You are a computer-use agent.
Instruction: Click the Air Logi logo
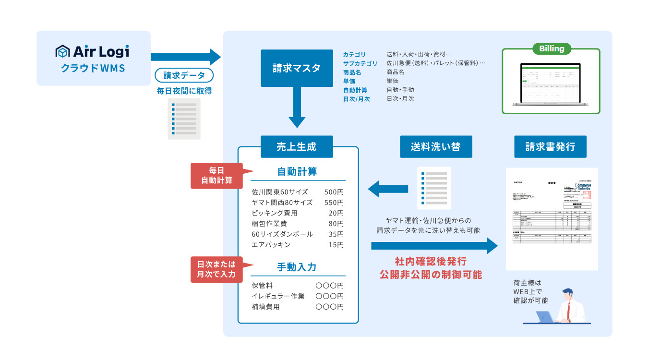click(93, 51)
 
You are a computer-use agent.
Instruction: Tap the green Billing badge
click(552, 48)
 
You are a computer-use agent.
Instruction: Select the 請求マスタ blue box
click(296, 68)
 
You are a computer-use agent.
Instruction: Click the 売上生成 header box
click(297, 147)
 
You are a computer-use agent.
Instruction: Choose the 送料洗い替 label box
click(435, 147)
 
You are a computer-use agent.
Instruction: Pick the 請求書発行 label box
click(550, 147)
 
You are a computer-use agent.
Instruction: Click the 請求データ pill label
click(184, 76)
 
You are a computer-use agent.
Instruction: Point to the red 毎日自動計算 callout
click(217, 175)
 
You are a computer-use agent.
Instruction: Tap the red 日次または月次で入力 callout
click(217, 269)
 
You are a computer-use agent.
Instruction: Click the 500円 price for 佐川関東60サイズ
click(334, 192)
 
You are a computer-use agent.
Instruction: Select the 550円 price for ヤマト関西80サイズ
click(334, 203)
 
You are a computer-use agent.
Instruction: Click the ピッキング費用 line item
click(275, 213)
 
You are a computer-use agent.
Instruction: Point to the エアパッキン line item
click(271, 245)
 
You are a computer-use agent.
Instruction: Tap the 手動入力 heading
click(297, 267)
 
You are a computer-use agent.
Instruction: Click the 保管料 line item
click(262, 286)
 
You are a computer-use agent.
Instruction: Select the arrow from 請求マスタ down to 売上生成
click(297, 108)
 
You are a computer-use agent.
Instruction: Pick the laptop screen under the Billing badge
click(551, 83)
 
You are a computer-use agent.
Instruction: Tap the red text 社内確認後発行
click(431, 262)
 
